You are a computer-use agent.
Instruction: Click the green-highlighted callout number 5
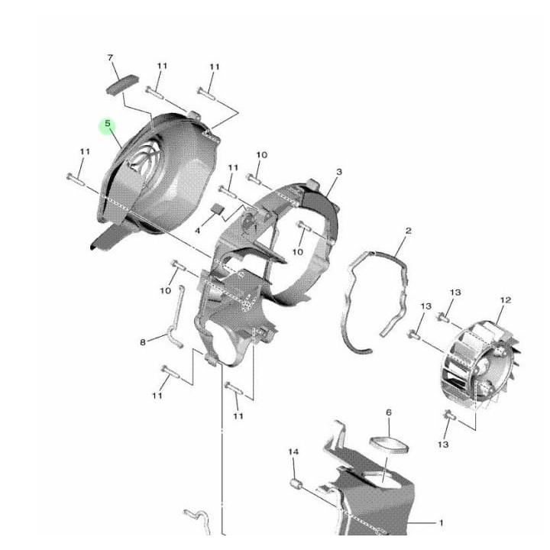click(x=108, y=124)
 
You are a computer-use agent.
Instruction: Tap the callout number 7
click(x=110, y=57)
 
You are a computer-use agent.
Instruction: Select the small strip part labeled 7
click(x=122, y=84)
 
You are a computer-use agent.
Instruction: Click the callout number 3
click(x=339, y=172)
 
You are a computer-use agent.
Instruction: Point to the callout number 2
click(x=408, y=231)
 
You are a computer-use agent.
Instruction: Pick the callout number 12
click(x=506, y=300)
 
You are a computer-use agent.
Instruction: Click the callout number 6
click(x=389, y=412)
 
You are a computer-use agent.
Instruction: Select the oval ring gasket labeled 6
click(x=390, y=445)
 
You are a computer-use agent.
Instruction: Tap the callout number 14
click(x=293, y=451)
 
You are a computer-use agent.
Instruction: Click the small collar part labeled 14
click(x=295, y=484)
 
